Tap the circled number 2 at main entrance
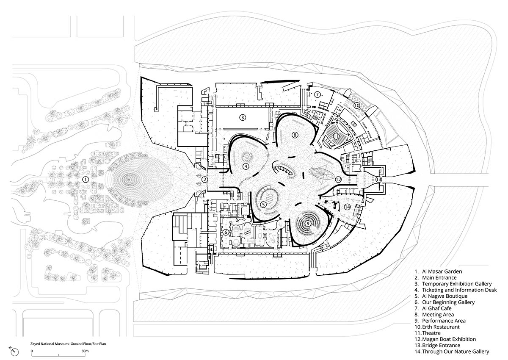coord(205,180)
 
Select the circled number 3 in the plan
coord(243,117)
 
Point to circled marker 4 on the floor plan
coord(246,166)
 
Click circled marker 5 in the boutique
coord(263,204)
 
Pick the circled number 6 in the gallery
coord(226,232)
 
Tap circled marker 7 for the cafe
coord(316,94)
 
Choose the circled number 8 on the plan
coord(295,135)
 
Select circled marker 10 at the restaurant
coord(357,105)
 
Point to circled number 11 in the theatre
coord(336,136)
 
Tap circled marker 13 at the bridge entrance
coord(378,180)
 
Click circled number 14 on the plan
coord(347,207)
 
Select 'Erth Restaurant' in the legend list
coord(441,327)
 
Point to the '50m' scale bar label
coord(85,351)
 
